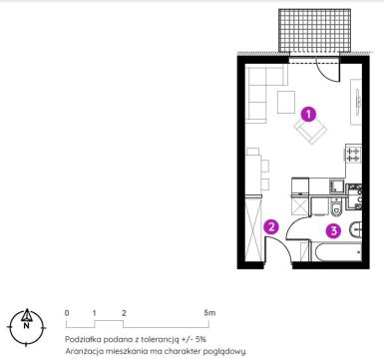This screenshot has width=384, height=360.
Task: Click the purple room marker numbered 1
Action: pyautogui.click(x=308, y=115)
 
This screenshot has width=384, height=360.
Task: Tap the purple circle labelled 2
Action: pyautogui.click(x=271, y=227)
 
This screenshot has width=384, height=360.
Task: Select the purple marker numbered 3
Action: pyautogui.click(x=333, y=230)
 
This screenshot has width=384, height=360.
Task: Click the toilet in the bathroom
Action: pyautogui.click(x=337, y=207)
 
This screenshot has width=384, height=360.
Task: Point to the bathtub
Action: pyautogui.click(x=335, y=252)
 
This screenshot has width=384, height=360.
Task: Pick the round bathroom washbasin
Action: pyautogui.click(x=355, y=229)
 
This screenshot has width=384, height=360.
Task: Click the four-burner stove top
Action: pyautogui.click(x=353, y=154)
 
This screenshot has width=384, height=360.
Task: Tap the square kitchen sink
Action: pyautogui.click(x=336, y=185)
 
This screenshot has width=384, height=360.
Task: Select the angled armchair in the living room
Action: pyautogui.click(x=310, y=131)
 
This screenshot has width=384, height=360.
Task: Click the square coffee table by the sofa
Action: pyautogui.click(x=286, y=102)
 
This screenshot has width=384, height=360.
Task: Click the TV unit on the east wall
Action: pyautogui.click(x=356, y=102)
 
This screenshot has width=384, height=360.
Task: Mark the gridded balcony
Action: pyautogui.click(x=314, y=31)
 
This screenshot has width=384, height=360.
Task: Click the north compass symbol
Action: pyautogui.click(x=26, y=327)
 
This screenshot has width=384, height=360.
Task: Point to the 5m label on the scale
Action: pyautogui.click(x=209, y=312)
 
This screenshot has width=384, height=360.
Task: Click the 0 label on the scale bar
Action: pyautogui.click(x=67, y=313)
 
